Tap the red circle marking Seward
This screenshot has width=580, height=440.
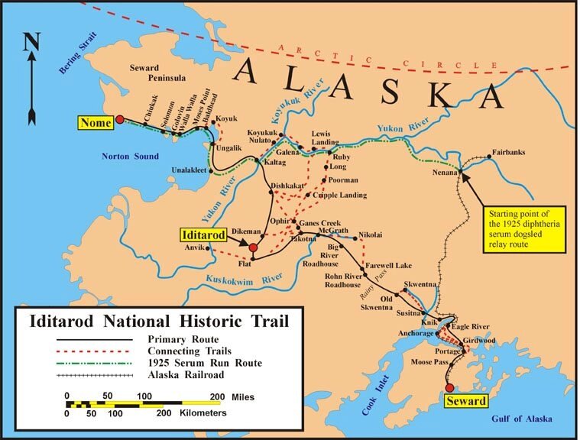click(450, 387)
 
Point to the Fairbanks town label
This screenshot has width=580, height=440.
click(507, 153)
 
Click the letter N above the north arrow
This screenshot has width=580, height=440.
click(31, 42)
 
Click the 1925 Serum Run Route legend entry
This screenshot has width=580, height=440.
click(202, 362)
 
